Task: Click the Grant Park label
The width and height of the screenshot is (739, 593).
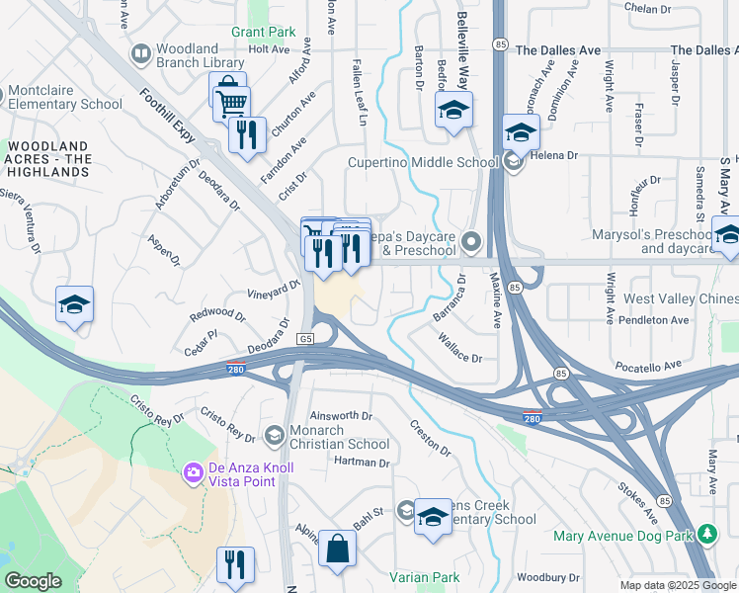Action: (263, 32)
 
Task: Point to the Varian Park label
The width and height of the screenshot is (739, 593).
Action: (425, 576)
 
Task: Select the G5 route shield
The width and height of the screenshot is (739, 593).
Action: (306, 339)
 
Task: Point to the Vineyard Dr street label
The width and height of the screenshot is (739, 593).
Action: (273, 289)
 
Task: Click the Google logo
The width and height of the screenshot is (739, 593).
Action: (34, 581)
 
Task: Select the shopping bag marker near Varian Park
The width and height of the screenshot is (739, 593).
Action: (337, 551)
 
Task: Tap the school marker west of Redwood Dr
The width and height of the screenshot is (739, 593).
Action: (74, 305)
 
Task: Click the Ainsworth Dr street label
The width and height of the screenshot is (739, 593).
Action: (341, 416)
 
